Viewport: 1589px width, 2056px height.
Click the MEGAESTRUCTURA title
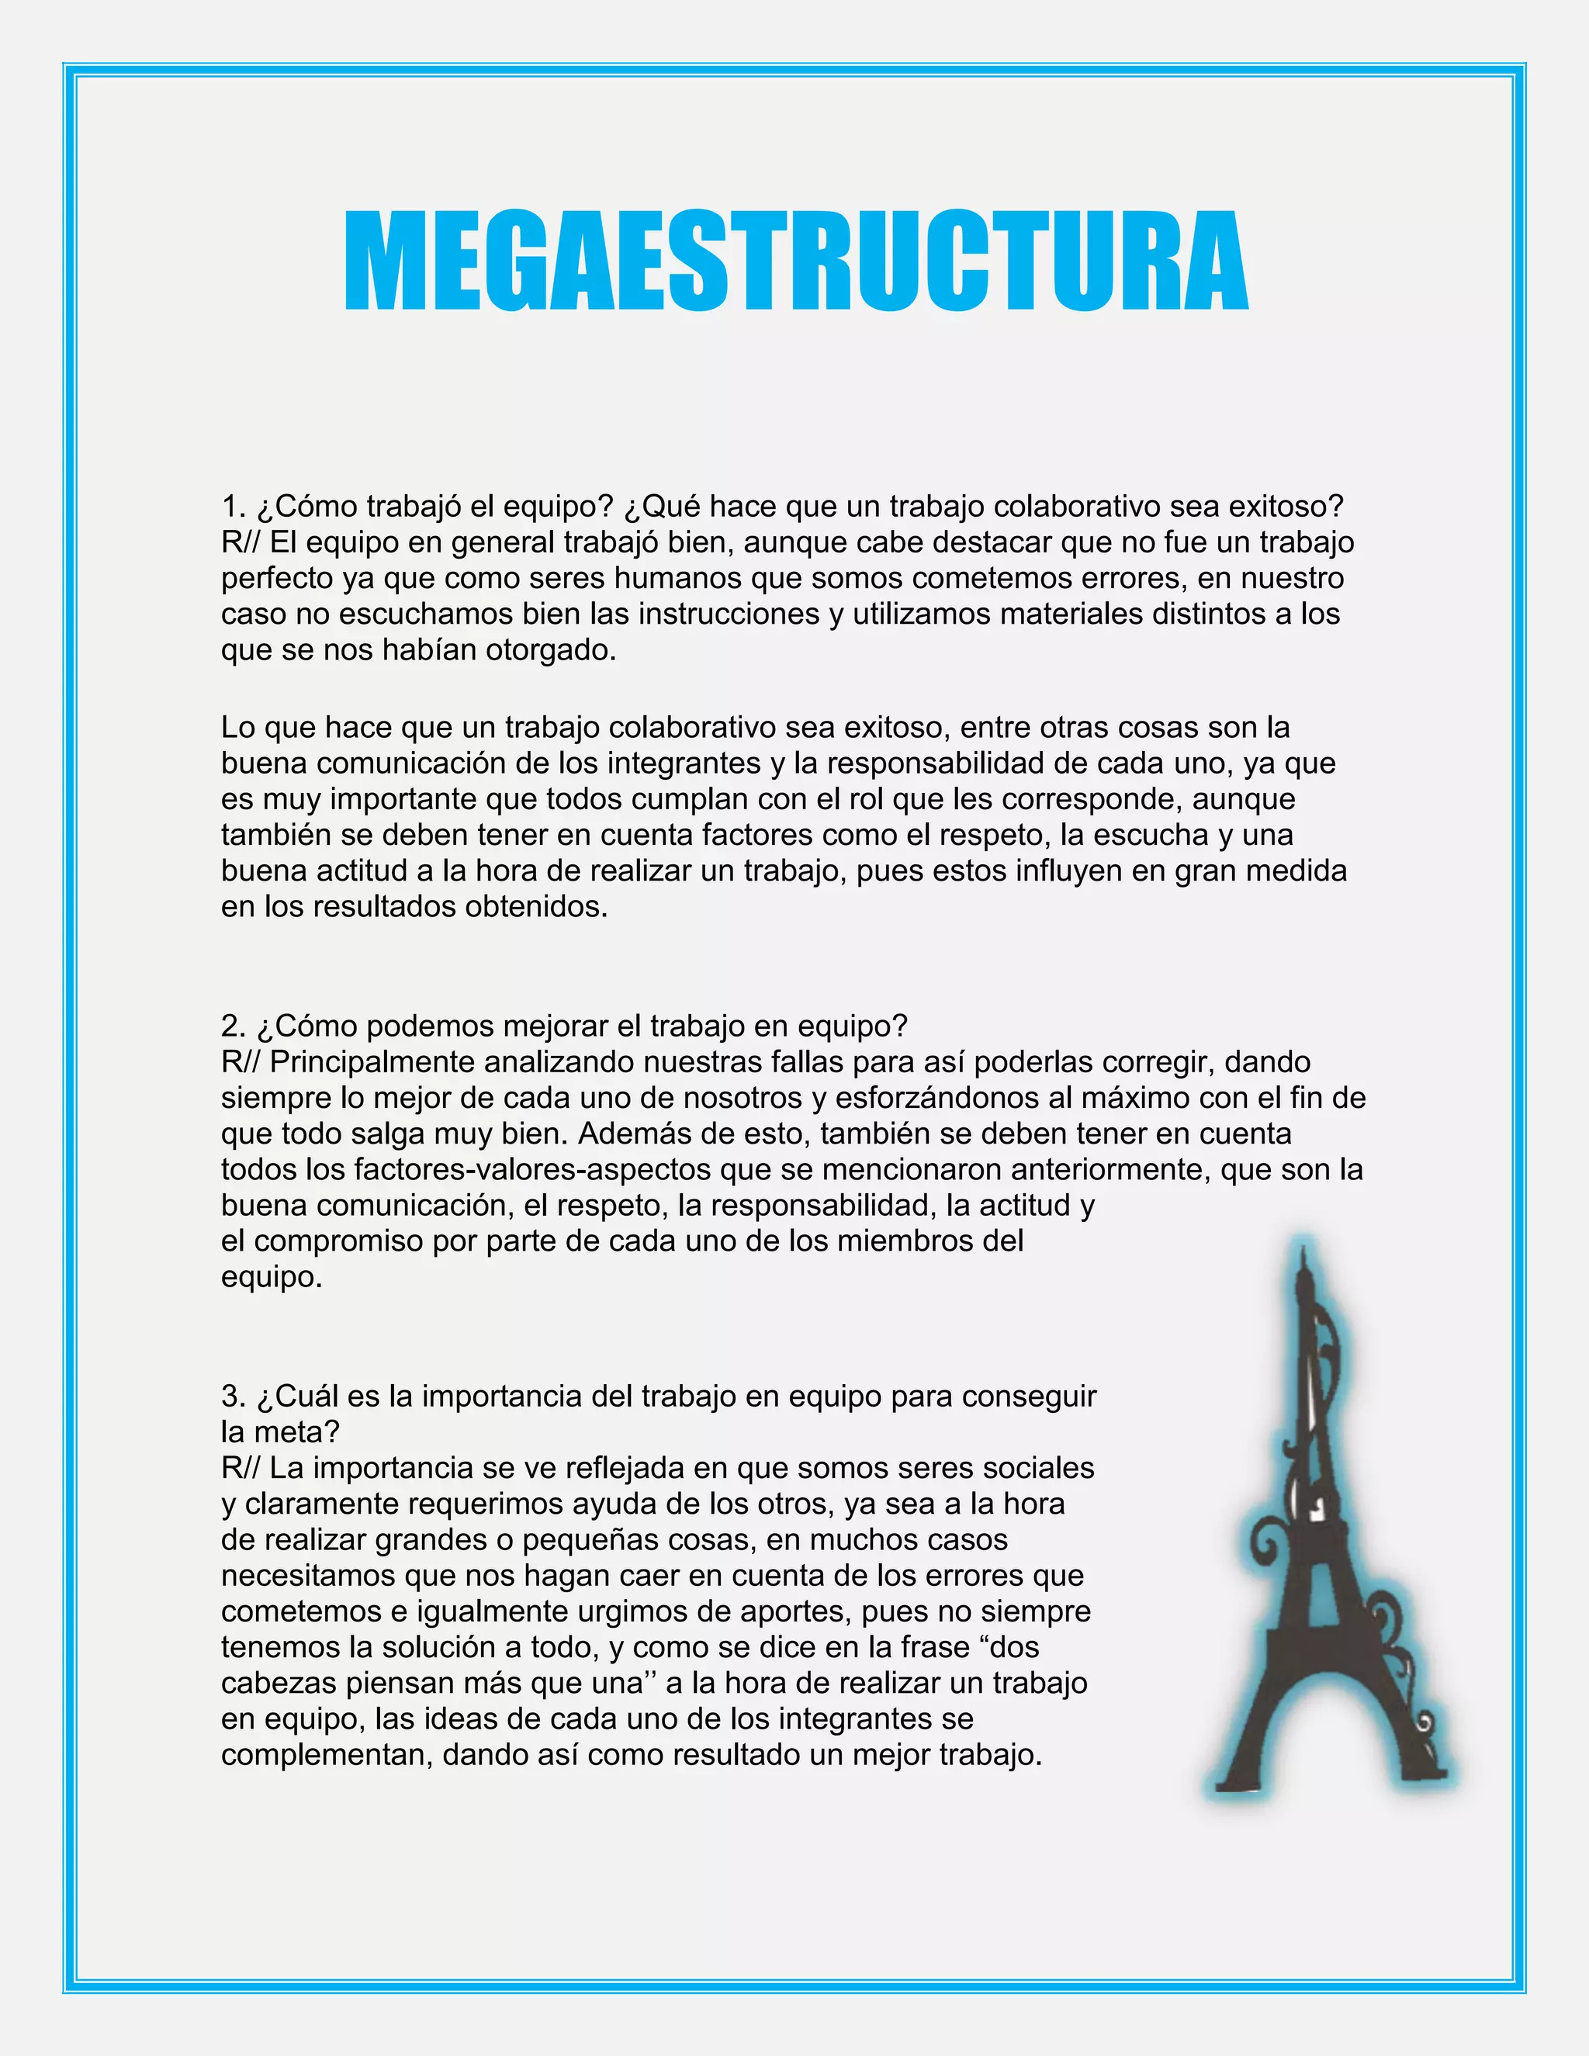pyautogui.click(x=795, y=261)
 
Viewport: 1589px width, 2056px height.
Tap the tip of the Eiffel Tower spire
pyautogui.click(x=1303, y=1250)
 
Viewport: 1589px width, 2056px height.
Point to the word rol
pyautogui.click(x=865, y=799)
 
